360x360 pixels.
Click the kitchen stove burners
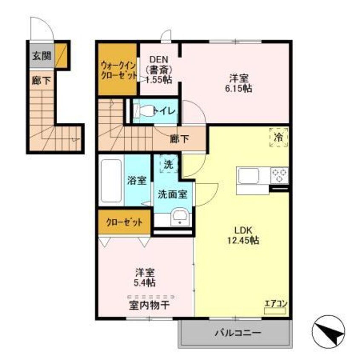(280, 174)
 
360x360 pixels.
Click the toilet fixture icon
(142, 111)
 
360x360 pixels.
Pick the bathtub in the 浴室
(111, 180)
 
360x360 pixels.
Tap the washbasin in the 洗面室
(179, 217)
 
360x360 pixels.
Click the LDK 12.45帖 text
(243, 235)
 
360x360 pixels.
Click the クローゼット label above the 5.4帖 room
(124, 222)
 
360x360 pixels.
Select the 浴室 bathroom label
(137, 180)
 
